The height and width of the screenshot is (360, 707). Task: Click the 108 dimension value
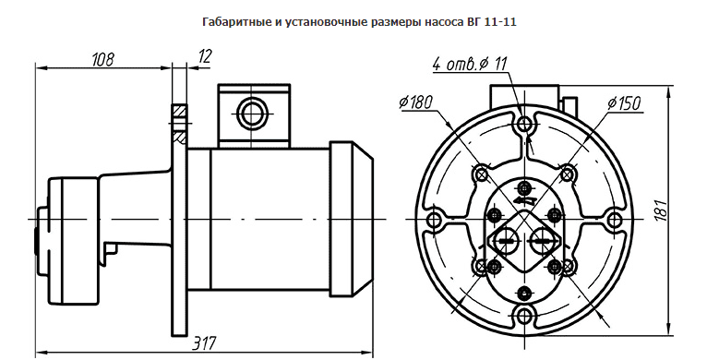pos(103,59)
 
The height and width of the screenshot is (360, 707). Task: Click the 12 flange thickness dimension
pos(204,56)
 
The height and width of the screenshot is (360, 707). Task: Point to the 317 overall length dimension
pos(204,343)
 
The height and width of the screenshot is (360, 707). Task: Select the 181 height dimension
pos(661,210)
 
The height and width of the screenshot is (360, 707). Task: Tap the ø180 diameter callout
pos(415,102)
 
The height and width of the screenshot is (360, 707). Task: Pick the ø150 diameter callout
pos(624,103)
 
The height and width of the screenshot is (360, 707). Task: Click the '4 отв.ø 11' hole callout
pos(470,64)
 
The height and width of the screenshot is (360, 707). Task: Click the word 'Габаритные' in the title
pos(236,21)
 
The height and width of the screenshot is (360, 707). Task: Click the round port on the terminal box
pos(250,114)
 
